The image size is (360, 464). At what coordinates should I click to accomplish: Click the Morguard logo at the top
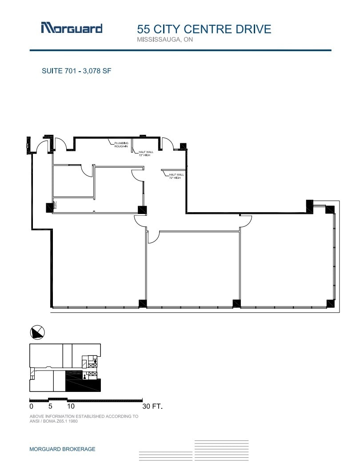pos(72,28)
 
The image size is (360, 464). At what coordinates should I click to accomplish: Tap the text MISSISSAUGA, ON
pos(165,40)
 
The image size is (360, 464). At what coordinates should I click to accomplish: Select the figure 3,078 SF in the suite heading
pos(96,70)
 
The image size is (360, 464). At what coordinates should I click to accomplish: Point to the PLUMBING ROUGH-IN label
pos(121,145)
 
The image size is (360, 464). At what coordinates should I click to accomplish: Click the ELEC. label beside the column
pos(56,205)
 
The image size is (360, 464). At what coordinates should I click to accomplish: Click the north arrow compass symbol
pos(38,332)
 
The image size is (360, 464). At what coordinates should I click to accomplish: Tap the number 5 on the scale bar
pos(50,406)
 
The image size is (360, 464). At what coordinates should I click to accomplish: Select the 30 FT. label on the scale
pos(152,406)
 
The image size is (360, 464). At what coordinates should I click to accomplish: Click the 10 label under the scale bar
pos(71,406)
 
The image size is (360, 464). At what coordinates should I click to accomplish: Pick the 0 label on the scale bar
pos(31,406)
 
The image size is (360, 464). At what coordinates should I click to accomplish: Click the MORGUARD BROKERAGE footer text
pos(62,449)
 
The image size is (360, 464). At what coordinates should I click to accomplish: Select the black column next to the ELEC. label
pos(48,207)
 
